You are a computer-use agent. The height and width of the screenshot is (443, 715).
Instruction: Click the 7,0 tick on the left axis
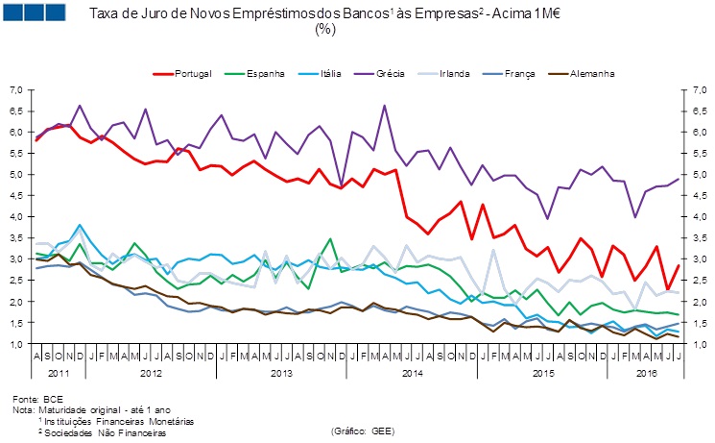tap(15, 89)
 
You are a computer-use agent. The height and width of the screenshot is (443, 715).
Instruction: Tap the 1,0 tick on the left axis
tap(15, 344)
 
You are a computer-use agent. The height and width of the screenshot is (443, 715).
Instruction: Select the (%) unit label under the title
tap(323, 30)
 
